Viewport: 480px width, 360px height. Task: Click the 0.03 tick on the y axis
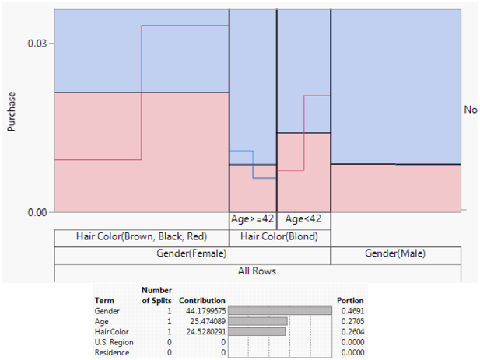(37, 43)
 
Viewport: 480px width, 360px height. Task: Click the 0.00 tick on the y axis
(37, 211)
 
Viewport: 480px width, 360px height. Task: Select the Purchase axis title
(12, 112)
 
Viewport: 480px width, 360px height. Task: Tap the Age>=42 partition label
(252, 219)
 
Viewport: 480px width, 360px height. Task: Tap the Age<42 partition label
(303, 219)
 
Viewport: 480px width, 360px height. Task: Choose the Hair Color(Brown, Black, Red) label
(141, 236)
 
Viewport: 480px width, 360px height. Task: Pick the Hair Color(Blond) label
(280, 236)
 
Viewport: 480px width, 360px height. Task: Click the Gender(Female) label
(192, 253)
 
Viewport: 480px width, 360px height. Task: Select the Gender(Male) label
(395, 253)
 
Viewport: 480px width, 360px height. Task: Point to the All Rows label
(257, 271)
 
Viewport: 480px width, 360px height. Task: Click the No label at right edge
(470, 110)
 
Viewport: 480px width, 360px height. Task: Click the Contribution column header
(201, 300)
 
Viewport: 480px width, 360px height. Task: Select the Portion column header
(349, 300)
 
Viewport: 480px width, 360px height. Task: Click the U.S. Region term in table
(114, 341)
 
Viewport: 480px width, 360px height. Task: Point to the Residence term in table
(111, 351)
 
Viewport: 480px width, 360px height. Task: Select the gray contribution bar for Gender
(282, 310)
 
